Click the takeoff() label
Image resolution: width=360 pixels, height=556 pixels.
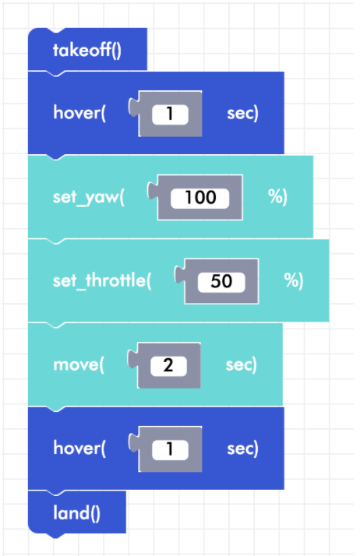point(87,50)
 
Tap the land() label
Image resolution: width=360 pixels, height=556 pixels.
point(76,513)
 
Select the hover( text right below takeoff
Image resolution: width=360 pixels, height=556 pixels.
point(79,113)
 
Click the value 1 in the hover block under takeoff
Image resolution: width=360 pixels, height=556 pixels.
point(170,114)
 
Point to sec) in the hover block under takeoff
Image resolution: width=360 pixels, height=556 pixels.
point(242,114)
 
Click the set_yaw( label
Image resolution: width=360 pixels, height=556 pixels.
point(89,197)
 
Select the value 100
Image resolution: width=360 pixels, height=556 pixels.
point(200,198)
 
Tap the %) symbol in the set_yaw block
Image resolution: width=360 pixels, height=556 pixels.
point(277,197)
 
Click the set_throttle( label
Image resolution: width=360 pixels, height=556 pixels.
point(102,281)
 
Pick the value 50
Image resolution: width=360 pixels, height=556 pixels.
point(221,282)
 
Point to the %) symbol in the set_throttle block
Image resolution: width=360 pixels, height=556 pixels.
point(294,280)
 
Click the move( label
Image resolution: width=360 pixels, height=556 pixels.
point(79,365)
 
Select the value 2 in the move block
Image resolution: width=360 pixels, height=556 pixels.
point(168,365)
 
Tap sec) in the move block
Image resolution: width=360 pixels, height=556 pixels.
point(242,365)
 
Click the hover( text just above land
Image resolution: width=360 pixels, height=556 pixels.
point(79,449)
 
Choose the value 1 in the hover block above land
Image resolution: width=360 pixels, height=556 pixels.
point(170,449)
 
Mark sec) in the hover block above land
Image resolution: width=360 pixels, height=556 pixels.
point(242,449)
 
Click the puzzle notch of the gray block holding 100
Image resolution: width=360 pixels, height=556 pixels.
point(153,191)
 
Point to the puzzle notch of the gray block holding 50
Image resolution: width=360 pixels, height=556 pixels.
point(180,275)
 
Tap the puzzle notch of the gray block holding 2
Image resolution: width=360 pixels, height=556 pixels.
point(133,359)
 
